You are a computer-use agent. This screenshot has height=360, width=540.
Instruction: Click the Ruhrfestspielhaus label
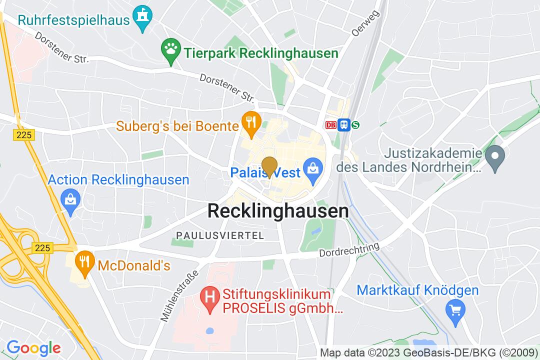coord(73,20)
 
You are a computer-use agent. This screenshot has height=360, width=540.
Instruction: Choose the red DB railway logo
coord(330,125)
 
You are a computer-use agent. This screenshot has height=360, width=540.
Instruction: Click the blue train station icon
coord(343,125)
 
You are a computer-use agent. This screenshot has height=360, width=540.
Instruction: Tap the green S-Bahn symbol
coord(355,125)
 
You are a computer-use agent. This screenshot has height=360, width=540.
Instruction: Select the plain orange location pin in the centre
coord(269,166)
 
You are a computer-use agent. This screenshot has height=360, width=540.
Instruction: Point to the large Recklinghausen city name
coord(278,211)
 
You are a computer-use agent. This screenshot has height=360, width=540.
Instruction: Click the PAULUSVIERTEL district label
coord(219,235)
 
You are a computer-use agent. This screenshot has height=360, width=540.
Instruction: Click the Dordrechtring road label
coord(349,250)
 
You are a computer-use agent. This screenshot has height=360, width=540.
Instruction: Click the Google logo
coord(33,347)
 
